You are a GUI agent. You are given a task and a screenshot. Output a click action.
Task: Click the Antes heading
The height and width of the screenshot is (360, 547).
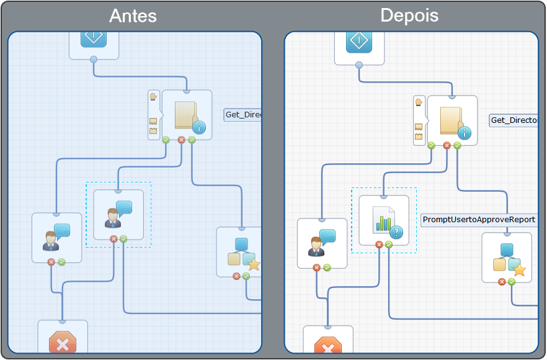133,16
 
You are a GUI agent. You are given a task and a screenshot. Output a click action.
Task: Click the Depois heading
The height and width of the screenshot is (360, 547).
409,16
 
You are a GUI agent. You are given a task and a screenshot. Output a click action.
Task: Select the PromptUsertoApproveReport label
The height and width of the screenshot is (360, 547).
479,220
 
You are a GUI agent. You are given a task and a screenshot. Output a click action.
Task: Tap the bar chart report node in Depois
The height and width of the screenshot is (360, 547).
384,220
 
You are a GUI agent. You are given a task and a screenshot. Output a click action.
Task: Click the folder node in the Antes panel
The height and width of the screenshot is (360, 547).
187,115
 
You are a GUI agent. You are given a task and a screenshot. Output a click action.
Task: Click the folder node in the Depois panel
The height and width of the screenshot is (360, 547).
452,120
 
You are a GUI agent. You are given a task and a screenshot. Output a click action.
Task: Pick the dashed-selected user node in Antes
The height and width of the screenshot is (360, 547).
118,214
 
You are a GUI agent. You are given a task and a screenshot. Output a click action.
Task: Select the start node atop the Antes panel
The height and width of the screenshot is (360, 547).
94,38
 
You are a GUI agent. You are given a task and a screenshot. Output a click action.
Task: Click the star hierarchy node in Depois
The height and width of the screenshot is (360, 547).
507,257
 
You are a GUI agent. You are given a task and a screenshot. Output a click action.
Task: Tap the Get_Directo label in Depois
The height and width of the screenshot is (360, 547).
514,120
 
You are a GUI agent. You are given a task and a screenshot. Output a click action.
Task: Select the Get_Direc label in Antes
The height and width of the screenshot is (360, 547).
242,115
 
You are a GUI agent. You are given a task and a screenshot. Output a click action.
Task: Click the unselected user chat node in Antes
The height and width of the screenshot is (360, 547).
56,237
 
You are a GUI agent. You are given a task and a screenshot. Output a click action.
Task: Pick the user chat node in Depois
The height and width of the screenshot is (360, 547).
322,243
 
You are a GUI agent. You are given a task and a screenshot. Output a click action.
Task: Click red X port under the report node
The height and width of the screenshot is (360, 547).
379,245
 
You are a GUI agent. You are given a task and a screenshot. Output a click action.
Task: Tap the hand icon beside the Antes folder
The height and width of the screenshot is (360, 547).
153,97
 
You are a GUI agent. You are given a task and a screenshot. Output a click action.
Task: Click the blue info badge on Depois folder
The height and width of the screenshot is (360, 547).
465,133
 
